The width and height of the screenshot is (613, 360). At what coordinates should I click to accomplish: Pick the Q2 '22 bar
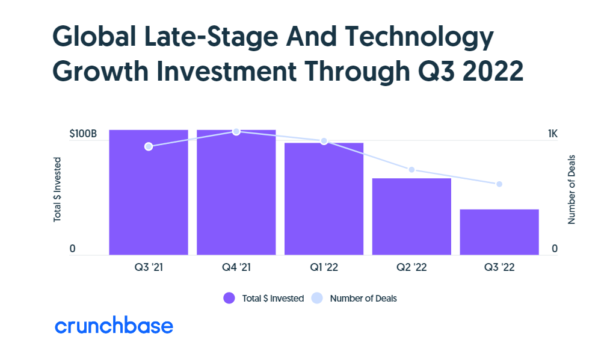click(411, 217)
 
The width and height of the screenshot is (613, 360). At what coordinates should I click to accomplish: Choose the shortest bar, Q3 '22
click(499, 232)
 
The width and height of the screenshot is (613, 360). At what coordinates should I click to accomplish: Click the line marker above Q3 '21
click(149, 146)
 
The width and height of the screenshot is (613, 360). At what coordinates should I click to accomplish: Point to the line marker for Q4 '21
click(236, 131)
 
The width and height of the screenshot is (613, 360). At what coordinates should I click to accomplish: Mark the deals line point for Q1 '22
click(324, 141)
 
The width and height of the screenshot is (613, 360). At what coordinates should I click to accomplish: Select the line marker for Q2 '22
click(411, 170)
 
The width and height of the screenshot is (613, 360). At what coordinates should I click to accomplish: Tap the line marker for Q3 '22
click(499, 184)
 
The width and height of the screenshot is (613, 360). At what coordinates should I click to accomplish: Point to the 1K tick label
click(553, 134)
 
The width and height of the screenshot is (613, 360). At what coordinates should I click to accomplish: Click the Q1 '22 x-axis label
click(324, 267)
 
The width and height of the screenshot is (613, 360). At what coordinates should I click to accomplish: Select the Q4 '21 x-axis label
click(236, 267)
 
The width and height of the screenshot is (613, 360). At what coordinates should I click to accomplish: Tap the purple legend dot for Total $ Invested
click(229, 298)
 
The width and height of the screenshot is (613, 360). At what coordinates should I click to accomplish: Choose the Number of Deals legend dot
click(318, 298)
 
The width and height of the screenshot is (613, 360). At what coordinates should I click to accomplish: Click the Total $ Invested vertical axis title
click(58, 189)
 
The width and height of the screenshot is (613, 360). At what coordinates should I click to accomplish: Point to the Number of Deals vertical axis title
click(571, 189)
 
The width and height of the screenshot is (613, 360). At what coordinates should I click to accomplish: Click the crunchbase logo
click(114, 326)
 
